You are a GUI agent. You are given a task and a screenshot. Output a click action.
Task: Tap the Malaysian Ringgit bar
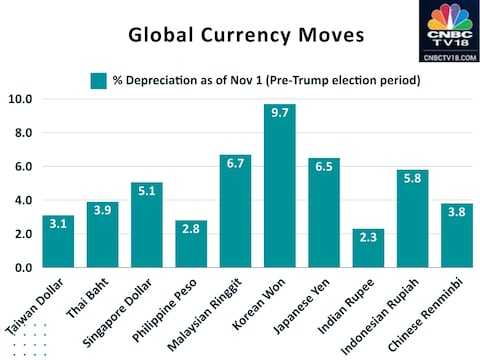click(x=236, y=211)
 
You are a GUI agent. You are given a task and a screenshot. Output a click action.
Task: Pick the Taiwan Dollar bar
click(x=58, y=241)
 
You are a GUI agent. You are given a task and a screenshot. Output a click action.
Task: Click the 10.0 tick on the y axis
click(x=20, y=99)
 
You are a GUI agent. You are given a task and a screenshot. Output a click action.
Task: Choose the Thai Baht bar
click(x=103, y=235)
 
